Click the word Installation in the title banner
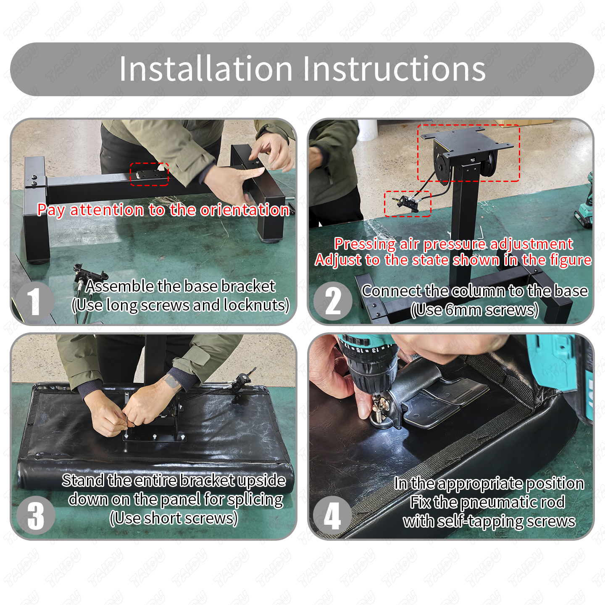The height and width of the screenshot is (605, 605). coord(206,69)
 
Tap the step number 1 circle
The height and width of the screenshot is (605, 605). coord(35,301)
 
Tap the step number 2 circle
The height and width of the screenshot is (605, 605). coord(333,301)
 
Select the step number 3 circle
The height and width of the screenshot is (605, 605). coord(36,516)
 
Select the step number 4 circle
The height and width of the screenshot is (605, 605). coord(332,516)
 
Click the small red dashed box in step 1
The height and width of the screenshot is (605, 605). coord(149,174)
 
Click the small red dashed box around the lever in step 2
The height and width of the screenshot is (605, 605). coord(408,203)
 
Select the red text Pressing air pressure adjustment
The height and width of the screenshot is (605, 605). coord(453,244)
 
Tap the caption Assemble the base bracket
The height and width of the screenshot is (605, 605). coord(180,286)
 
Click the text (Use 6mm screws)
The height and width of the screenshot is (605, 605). coord(474,310)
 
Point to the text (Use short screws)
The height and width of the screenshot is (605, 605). coord(174,518)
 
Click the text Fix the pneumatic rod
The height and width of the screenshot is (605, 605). coord(487,502)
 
